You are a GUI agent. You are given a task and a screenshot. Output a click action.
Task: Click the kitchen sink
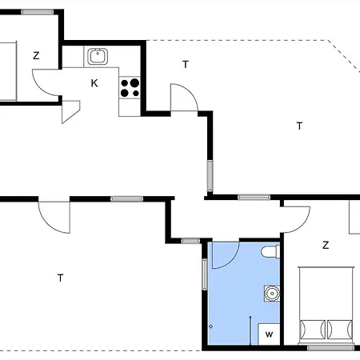pos(98,56)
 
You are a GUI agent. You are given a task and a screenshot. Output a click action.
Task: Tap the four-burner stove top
pos(130,87)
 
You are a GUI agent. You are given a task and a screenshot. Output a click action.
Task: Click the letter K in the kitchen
pos(94,83)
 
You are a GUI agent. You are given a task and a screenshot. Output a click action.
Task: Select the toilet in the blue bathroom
pos(270,252)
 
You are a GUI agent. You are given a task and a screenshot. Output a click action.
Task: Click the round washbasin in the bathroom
pos(272,294)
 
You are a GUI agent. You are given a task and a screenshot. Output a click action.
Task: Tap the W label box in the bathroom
pos(269,334)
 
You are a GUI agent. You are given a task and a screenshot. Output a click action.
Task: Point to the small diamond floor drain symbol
pos(210,326)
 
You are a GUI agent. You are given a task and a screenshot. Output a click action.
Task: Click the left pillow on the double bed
pos(313,329)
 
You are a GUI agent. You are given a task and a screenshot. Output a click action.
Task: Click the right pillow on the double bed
pos(340,329)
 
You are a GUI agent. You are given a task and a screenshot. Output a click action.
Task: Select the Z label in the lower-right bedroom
pos(326,245)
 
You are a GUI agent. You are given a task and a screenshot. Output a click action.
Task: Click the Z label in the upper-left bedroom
pos(36,55)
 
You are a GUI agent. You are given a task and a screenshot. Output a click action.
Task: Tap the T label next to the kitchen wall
pos(186,64)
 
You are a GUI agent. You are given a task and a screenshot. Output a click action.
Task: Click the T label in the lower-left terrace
pos(61,278)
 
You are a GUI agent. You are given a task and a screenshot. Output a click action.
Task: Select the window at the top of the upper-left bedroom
pos(38,12)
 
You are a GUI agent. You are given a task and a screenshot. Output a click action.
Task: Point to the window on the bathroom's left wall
pos(205,274)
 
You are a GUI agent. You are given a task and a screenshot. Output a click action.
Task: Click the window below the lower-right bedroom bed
pos(330,348)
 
